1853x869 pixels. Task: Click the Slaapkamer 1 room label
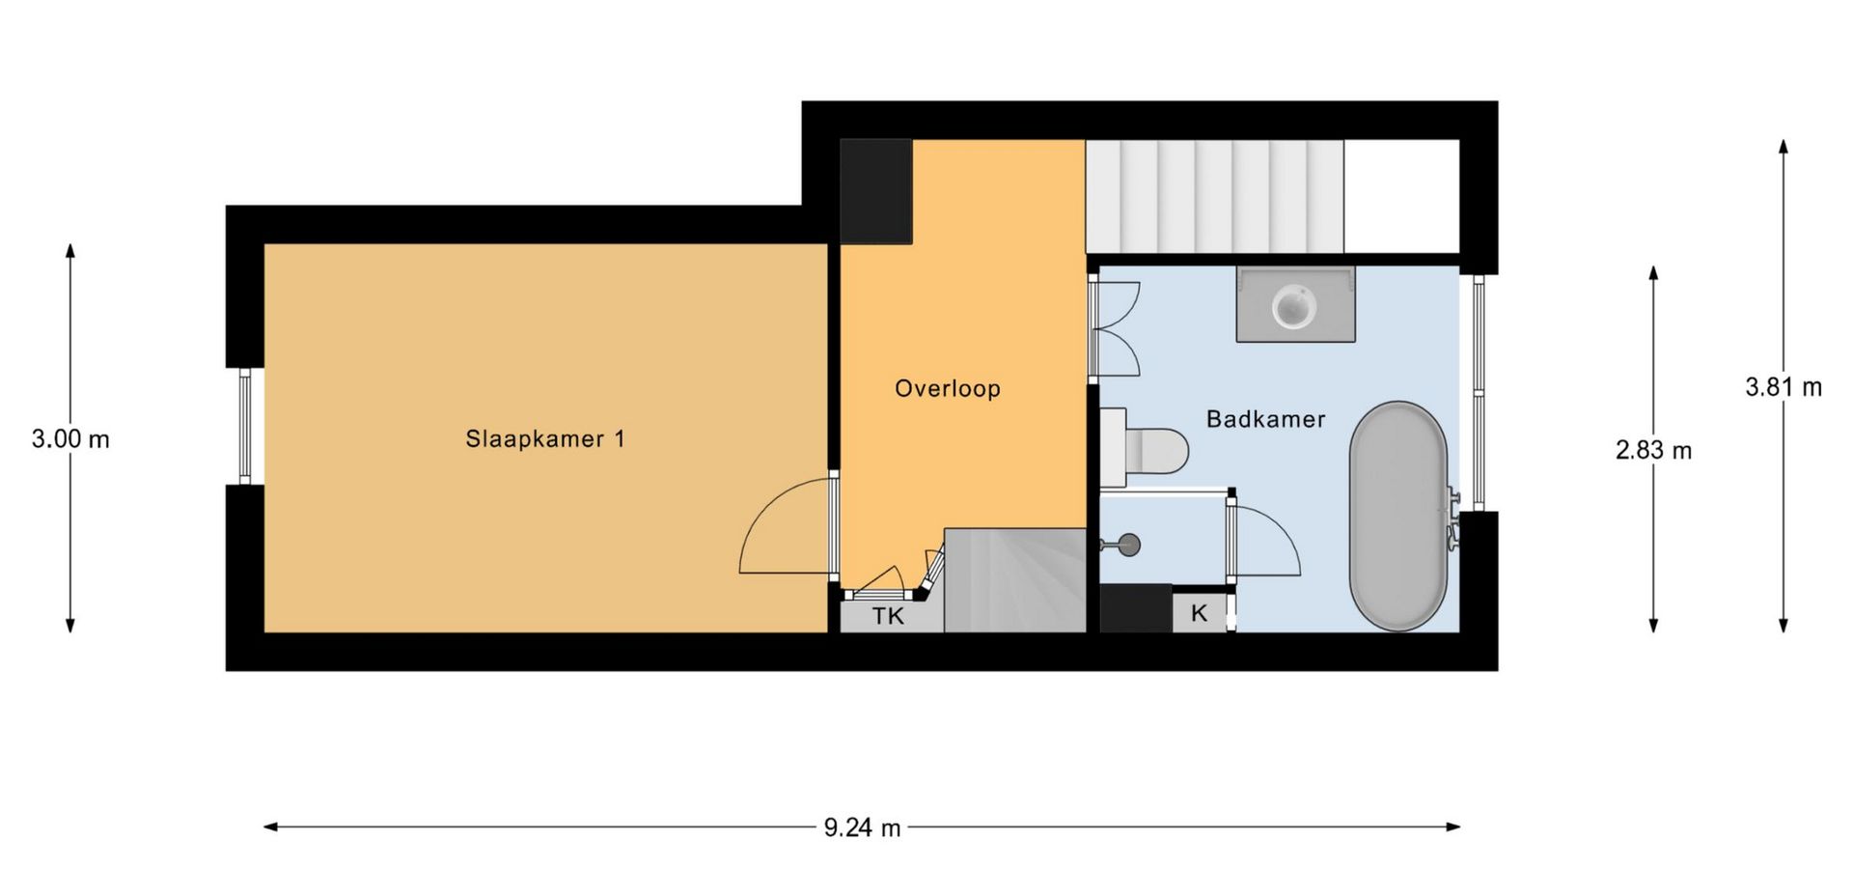(545, 439)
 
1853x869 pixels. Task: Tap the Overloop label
(948, 389)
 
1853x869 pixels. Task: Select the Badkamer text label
(1265, 419)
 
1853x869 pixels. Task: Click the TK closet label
(888, 616)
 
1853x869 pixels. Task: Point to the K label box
(1200, 613)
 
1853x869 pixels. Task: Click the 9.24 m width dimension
(862, 827)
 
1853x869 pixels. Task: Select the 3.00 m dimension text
(70, 439)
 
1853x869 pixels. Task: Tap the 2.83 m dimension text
(1653, 450)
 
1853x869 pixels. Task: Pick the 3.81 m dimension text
(1784, 387)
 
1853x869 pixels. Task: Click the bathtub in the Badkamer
(1398, 517)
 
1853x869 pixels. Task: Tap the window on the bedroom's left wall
(245, 426)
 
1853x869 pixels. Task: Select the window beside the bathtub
(1480, 393)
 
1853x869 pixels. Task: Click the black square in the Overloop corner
(876, 191)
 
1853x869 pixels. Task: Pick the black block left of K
(1136, 609)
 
